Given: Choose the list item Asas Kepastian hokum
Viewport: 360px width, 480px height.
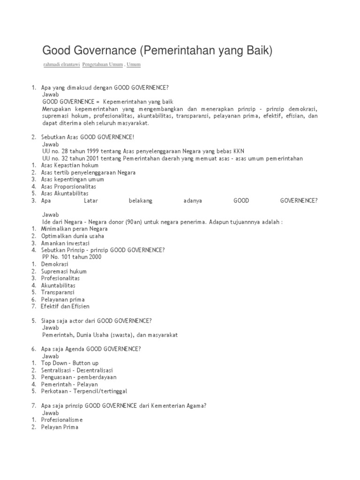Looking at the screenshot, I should pos(69,165).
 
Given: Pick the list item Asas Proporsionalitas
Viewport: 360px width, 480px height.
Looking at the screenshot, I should pos(68,187).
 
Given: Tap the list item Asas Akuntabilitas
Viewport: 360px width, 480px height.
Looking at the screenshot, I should pos(65,194).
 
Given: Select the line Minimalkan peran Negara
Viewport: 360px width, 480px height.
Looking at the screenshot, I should pos(74,229).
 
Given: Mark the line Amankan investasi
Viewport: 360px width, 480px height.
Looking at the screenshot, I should pos(65,243).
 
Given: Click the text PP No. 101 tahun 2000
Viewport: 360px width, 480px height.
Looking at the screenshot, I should pos(72,257).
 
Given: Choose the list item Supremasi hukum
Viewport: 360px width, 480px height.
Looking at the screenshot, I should pos(64,271).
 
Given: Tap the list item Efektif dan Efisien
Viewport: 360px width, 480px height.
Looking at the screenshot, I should pos(65,307).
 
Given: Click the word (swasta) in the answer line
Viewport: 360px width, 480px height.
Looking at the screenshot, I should pos(126,335).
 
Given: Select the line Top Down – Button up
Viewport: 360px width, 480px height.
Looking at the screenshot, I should pos(70,363).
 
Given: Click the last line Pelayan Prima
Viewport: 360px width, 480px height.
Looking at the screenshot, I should pos(60,427).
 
